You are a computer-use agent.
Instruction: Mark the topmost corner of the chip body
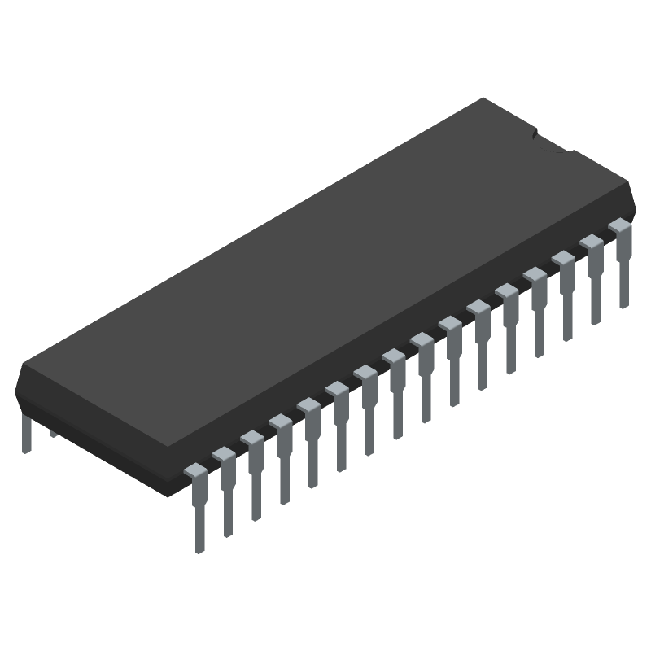click(485, 98)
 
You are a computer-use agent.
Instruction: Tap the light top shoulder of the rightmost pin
click(619, 224)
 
